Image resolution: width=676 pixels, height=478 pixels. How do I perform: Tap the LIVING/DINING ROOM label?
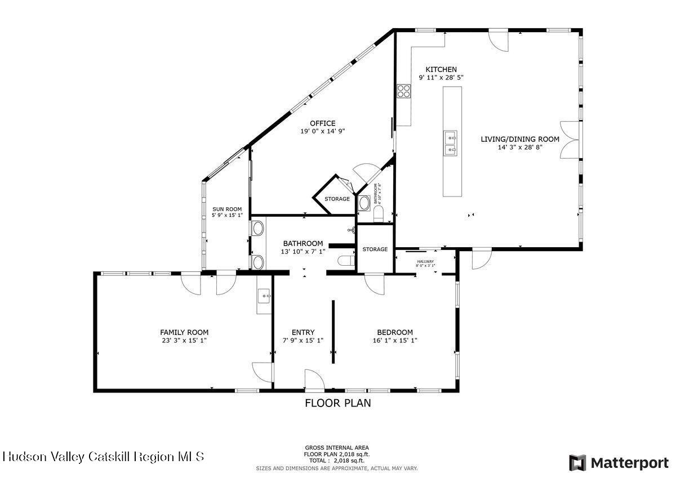[x=519, y=139]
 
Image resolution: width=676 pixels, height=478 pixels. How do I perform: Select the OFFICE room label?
[x=322, y=123]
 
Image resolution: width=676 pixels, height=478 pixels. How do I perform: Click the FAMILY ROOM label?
[x=184, y=332]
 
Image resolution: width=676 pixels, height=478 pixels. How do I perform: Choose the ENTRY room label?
[x=303, y=332]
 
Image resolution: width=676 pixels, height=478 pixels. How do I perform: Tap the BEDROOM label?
[x=395, y=332]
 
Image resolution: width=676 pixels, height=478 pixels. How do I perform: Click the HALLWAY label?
[x=425, y=261]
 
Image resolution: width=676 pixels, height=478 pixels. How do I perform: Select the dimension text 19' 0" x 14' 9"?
[x=322, y=131]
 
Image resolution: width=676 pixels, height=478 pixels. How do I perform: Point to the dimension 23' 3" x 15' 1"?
[x=184, y=340]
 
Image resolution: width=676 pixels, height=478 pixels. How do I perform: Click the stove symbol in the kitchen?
[x=403, y=91]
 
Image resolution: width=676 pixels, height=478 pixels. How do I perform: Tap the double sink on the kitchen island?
[x=451, y=143]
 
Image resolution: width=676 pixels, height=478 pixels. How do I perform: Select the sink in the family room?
[x=264, y=295]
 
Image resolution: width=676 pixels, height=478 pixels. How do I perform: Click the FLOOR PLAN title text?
[x=337, y=403]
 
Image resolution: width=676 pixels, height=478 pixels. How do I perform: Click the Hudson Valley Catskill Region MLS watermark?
[x=104, y=456]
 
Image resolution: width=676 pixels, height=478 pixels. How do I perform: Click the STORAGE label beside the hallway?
[x=375, y=249]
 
